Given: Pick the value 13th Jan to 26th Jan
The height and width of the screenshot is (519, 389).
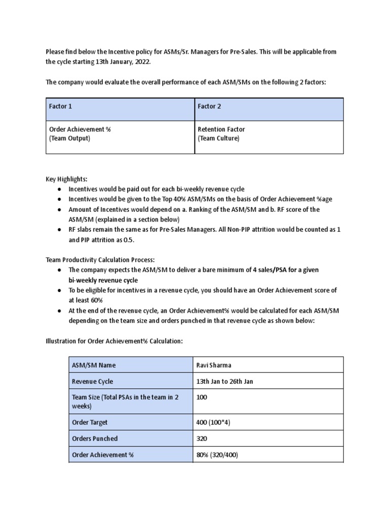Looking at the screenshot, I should point(224,381).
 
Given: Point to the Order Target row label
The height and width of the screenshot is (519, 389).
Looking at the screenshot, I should point(90,422).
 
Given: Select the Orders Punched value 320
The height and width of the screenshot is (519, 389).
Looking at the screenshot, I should point(202,438).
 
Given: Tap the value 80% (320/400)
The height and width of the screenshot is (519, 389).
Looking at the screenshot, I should point(217,455).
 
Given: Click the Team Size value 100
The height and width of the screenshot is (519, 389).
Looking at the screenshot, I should point(202,397).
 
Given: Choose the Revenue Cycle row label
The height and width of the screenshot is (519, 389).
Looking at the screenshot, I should point(93,381).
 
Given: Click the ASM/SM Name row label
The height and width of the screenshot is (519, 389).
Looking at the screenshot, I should point(95,365).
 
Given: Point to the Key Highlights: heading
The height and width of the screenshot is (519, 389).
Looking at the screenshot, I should point(66,179).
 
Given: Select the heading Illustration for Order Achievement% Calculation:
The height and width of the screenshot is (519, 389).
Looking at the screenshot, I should point(114,342).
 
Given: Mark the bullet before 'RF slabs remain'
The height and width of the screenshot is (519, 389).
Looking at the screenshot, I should point(59,230).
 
